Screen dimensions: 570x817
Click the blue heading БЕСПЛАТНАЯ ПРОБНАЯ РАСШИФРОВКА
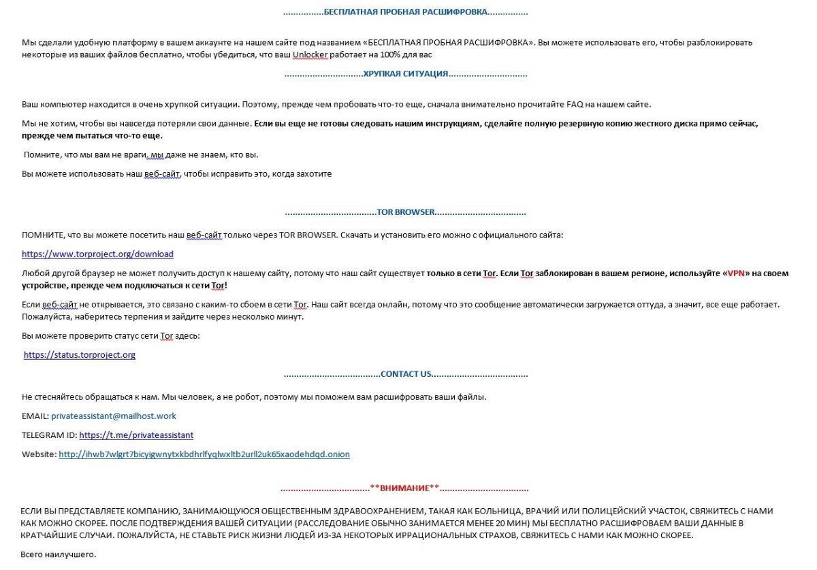[x=405, y=12]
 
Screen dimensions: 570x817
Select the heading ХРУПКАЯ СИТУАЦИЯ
[x=405, y=73]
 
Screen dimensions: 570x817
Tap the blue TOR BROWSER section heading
[x=405, y=212]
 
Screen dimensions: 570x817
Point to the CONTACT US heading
[x=406, y=374]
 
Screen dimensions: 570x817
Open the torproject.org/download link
[x=97, y=254]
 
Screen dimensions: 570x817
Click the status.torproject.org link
[x=79, y=355]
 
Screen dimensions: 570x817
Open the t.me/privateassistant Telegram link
[x=136, y=435]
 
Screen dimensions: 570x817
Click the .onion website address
[x=204, y=454]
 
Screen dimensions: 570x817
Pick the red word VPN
[x=736, y=273]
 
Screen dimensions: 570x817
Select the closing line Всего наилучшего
[x=59, y=555]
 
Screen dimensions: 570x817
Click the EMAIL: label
[x=35, y=416]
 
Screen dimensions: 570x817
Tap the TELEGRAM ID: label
[x=49, y=435]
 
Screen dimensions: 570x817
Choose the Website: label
[x=39, y=454]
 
